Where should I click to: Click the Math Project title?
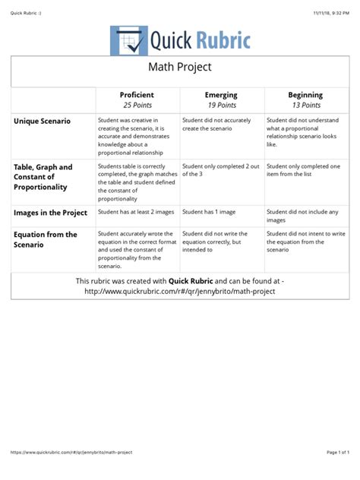click(180, 68)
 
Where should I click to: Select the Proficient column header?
click(137, 95)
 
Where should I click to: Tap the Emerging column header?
click(221, 95)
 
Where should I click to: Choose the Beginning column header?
click(305, 95)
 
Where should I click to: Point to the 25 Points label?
click(137, 105)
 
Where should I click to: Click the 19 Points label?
click(221, 105)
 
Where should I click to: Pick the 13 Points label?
click(305, 105)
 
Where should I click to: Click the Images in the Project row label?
click(50, 213)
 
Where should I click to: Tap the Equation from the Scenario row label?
click(46, 239)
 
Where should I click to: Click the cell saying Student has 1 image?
click(208, 213)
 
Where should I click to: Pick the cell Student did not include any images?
click(303, 216)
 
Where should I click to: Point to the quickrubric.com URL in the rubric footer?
click(179, 291)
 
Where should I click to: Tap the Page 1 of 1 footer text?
click(336, 452)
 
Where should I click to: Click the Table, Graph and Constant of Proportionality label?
click(43, 176)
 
